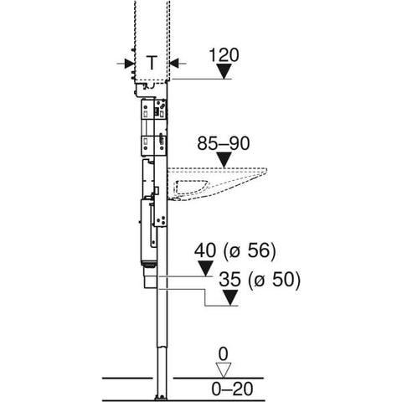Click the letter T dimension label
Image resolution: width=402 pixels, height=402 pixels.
151,62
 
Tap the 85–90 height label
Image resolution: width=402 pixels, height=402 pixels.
221,144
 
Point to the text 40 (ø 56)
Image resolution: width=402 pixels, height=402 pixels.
234,250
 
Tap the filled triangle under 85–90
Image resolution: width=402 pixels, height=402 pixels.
222,161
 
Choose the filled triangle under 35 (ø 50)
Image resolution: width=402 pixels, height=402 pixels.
231,296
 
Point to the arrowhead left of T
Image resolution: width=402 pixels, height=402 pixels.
129,62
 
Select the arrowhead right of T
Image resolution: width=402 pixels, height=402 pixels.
173,62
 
